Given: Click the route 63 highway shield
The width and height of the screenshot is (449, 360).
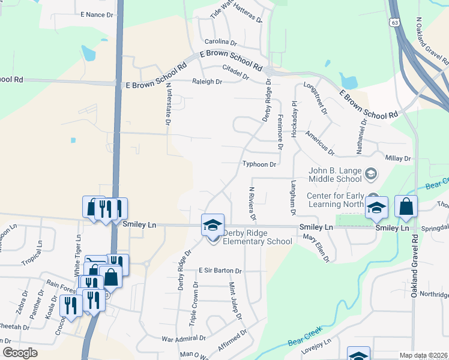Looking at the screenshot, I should tap(394, 22).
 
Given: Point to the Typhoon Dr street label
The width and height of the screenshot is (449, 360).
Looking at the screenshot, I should tap(259, 164).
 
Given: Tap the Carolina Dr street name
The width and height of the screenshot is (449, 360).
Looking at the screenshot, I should tap(221, 42).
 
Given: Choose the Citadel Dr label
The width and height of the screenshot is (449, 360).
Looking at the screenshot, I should tap(235, 72).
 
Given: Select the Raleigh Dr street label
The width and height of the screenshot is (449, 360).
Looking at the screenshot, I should tap(207, 82).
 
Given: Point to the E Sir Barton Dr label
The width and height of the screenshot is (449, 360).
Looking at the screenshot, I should tap(220, 271).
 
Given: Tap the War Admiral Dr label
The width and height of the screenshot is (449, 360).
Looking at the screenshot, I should tap(189, 338).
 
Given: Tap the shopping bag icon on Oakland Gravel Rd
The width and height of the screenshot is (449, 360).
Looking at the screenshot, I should tap(406, 207).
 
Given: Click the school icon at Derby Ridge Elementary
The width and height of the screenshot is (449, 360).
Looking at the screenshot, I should tap(212, 226).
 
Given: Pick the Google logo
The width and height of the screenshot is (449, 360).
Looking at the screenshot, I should tap(20, 353).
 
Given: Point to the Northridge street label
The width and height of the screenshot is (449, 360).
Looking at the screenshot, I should tap(433, 294).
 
